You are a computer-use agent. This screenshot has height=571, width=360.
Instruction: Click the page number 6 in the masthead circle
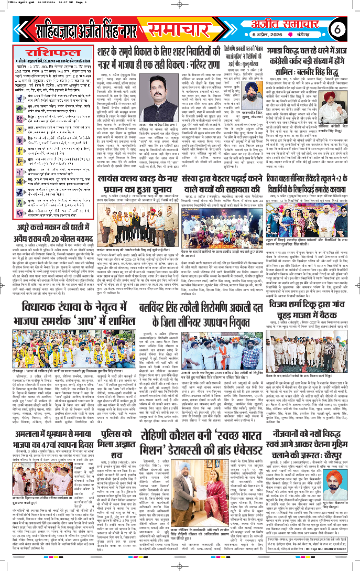click(338, 25)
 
